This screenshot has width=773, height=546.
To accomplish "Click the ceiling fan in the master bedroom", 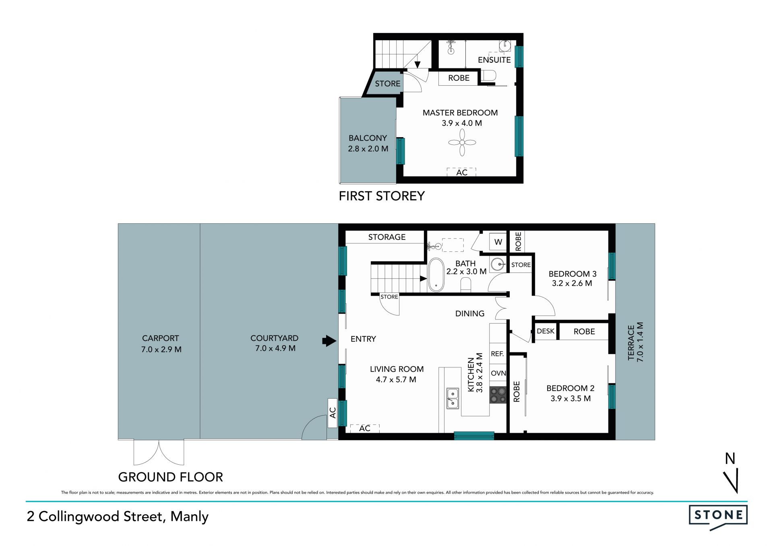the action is click(x=462, y=142).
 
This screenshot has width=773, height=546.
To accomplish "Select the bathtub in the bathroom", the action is click(x=436, y=274).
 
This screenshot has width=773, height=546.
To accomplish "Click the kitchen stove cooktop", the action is click(x=498, y=395).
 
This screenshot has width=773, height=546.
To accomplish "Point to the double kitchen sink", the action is click(x=453, y=398).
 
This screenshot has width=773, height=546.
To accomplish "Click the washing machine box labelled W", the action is click(x=498, y=242).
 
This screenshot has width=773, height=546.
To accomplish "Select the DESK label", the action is click(x=546, y=331).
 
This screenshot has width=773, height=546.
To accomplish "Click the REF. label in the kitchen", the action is click(x=497, y=354).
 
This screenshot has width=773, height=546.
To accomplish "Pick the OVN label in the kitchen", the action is click(x=498, y=373).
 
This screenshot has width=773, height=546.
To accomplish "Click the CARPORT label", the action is click(x=160, y=338).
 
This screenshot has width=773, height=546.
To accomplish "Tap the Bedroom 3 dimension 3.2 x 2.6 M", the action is click(x=572, y=283).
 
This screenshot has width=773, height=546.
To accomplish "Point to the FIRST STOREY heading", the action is click(x=382, y=196).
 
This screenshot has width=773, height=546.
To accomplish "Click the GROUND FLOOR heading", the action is click(x=170, y=477).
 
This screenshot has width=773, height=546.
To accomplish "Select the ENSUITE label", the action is click(x=494, y=60).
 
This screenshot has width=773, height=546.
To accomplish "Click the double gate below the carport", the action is click(x=159, y=452).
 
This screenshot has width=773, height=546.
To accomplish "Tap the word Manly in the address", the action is click(x=189, y=517).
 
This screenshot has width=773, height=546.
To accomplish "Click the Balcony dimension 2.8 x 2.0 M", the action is click(x=368, y=148).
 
